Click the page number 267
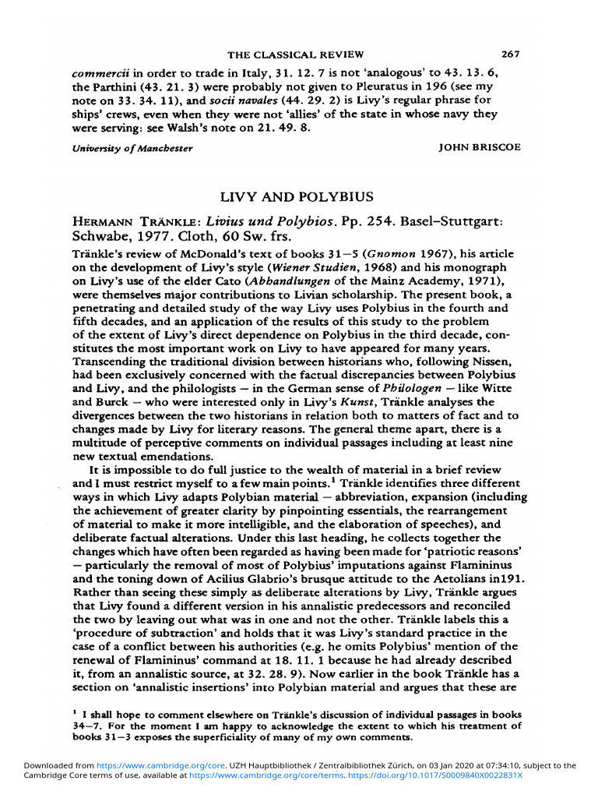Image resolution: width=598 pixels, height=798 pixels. pos(511,55)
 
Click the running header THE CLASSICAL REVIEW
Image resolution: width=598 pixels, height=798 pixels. pos(295,55)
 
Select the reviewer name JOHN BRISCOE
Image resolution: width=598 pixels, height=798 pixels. pos(480,147)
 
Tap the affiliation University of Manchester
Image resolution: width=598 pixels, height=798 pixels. pos(132,148)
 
